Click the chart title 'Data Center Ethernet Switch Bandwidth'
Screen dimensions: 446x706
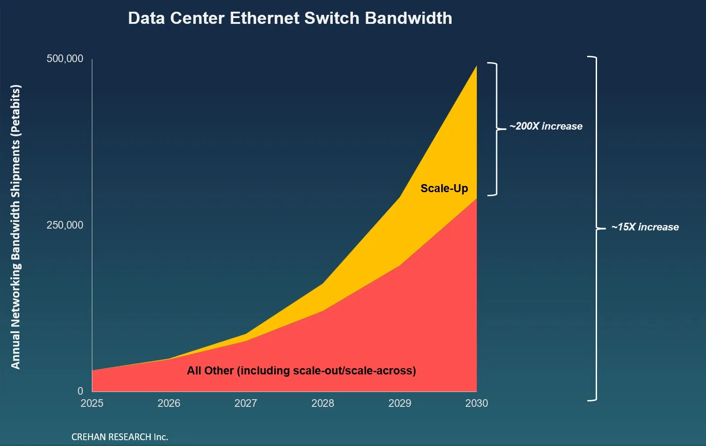(290, 18)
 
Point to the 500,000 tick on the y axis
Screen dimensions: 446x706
(65, 59)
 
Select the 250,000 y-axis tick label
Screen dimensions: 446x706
(65, 225)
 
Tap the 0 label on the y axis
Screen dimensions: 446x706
(80, 391)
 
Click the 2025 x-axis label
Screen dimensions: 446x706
(92, 403)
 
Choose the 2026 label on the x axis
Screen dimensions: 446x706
(169, 403)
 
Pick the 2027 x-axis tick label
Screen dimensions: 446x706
(246, 403)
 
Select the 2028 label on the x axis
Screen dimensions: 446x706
(323, 403)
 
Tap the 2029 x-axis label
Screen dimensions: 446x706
(400, 403)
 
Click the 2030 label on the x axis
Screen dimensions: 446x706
(476, 403)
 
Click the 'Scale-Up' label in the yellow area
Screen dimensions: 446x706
(444, 189)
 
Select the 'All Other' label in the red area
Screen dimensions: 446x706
(301, 371)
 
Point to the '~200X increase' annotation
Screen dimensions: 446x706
(546, 126)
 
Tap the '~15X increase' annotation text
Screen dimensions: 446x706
(645, 227)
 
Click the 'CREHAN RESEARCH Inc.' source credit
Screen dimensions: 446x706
(120, 437)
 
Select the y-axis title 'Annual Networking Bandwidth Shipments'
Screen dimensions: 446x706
(16, 227)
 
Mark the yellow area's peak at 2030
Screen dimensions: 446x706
(476, 67)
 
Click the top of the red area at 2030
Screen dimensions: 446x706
(476, 199)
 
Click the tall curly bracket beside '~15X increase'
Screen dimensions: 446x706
(596, 229)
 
